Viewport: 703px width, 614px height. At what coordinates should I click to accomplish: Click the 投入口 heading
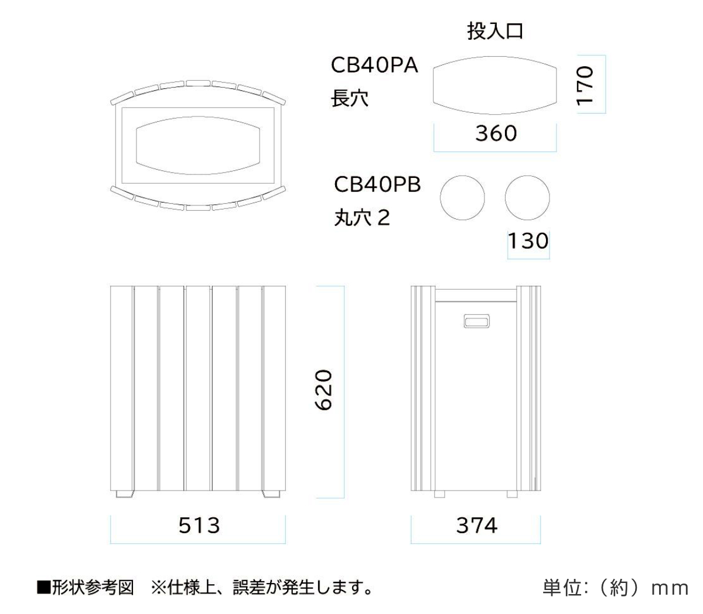tap(495, 32)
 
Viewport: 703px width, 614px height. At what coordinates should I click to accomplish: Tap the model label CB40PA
tap(374, 65)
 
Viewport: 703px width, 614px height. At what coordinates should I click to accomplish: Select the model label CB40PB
tap(377, 184)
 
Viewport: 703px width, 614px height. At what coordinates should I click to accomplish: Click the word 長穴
tap(349, 98)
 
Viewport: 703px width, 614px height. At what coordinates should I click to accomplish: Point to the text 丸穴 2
tap(362, 218)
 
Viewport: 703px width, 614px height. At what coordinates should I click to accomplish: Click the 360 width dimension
tap(496, 133)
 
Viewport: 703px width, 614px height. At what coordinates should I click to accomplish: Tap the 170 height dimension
tap(585, 85)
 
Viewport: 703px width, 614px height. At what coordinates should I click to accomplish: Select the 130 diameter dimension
tap(528, 241)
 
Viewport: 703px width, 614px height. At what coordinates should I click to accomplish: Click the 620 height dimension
tap(323, 390)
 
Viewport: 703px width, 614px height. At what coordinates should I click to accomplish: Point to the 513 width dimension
tap(199, 526)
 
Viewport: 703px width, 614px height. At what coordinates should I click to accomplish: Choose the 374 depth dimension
tap(476, 526)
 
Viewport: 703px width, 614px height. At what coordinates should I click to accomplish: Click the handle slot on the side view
tap(476, 321)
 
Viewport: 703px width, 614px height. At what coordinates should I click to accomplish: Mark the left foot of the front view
tap(124, 494)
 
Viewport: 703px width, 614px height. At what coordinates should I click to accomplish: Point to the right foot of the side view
tap(512, 494)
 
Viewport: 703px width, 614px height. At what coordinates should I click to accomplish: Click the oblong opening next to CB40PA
tap(495, 57)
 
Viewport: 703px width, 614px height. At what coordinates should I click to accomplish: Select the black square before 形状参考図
tap(43, 588)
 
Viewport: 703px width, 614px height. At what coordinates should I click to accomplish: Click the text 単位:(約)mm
tap(615, 588)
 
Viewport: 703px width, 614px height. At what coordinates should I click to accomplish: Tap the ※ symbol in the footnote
tap(158, 588)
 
